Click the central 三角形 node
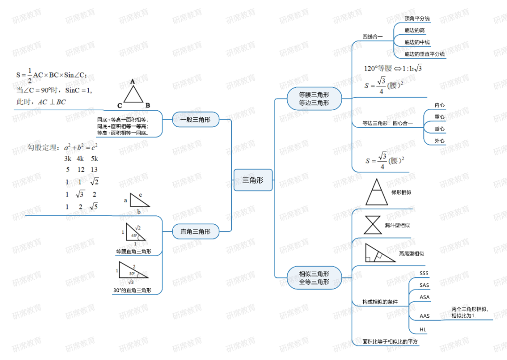[253, 180]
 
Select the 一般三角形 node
[195, 120]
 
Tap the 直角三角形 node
[195, 231]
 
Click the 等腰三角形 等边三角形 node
[314, 99]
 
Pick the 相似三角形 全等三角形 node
[314, 278]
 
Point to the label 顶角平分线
[417, 19]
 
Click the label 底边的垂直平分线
[424, 54]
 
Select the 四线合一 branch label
[373, 37]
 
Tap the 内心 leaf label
[440, 105]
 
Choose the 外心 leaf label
[440, 141]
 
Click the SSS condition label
[424, 273]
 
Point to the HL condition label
[423, 329]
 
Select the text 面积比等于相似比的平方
[390, 342]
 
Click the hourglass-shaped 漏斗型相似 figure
[373, 225]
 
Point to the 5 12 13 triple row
[82, 169]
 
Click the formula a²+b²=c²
[81, 148]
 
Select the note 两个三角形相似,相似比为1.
[470, 312]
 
